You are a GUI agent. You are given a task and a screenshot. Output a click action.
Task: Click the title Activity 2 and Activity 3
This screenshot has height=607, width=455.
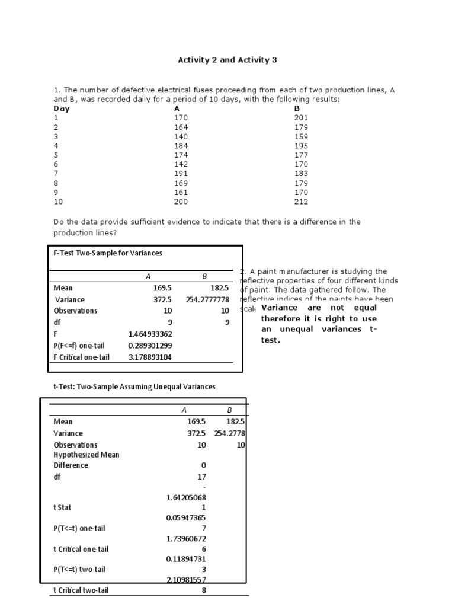point(227,60)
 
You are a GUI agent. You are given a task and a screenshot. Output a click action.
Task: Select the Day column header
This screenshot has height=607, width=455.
point(61,108)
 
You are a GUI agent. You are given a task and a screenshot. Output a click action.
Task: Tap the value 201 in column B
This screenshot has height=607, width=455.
point(301,117)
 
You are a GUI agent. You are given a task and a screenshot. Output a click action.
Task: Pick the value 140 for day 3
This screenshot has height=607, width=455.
point(181,136)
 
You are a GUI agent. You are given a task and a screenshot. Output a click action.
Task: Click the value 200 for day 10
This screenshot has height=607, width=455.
point(181,202)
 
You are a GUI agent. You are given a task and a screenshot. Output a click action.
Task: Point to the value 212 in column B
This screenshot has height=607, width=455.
point(301,202)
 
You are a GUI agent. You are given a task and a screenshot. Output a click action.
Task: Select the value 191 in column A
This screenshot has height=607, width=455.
point(181,174)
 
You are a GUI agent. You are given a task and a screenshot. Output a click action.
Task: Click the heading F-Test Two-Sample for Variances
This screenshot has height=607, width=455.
point(107,253)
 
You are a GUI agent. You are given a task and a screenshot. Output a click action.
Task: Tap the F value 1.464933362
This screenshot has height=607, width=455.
point(150,334)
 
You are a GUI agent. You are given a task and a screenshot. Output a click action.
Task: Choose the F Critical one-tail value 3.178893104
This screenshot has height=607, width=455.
point(150,357)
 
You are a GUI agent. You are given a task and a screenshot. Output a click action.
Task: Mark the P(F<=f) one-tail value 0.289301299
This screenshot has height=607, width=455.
point(150,345)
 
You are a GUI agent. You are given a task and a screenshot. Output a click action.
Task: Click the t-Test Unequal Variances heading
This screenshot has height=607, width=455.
point(134,386)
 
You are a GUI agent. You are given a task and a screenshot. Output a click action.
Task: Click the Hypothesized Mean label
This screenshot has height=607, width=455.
point(86,455)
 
